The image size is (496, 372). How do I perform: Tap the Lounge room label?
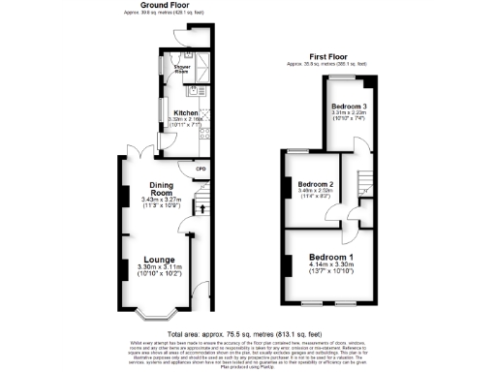tap(159, 260)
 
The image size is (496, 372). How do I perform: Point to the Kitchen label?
tap(185, 112)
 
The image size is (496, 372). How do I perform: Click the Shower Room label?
tap(181, 70)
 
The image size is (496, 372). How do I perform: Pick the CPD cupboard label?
tap(201, 170)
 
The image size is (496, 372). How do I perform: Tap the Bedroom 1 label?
tap(332, 257)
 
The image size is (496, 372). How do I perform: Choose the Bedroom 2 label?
tap(316, 184)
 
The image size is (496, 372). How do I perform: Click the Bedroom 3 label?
tap(349, 105)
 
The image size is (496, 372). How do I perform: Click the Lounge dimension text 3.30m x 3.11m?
tap(159, 270)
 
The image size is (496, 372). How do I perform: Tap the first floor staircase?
tap(366, 182)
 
